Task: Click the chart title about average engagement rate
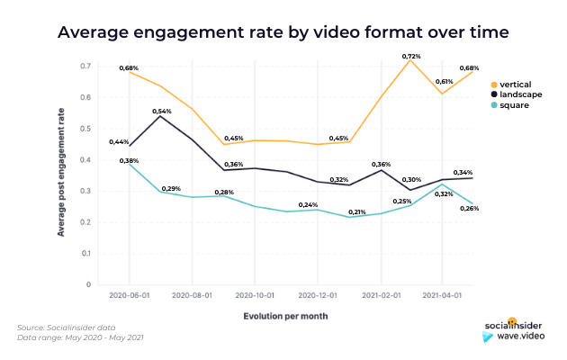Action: [x=283, y=32]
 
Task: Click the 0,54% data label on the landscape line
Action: [x=160, y=110]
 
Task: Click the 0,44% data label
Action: [x=119, y=142]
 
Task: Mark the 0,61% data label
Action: [x=444, y=81]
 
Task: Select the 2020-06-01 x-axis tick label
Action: [x=129, y=295]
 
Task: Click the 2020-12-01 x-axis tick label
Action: [x=317, y=295]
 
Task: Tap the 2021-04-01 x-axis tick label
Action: [x=442, y=295]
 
